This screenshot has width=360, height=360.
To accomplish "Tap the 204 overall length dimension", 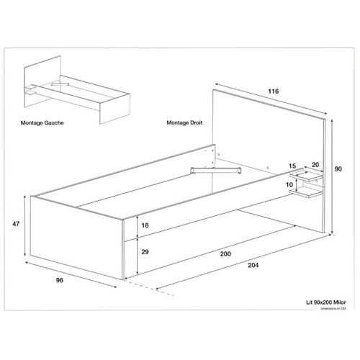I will point(253,266).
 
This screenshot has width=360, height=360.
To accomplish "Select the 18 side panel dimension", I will point(145,226).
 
